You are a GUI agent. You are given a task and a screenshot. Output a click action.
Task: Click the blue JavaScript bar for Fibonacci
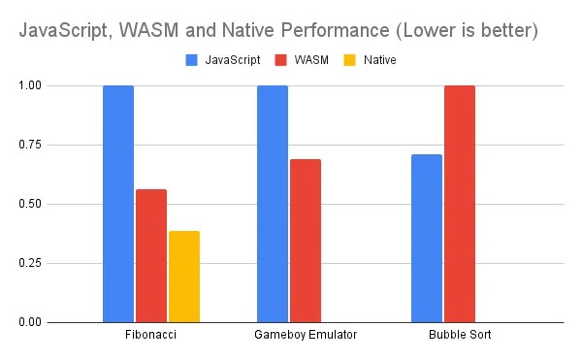(x=118, y=204)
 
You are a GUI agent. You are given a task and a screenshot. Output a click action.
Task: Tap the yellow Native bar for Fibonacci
(x=183, y=277)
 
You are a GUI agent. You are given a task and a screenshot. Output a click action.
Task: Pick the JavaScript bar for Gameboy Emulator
(x=273, y=204)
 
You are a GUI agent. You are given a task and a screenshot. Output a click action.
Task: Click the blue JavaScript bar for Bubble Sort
(x=427, y=238)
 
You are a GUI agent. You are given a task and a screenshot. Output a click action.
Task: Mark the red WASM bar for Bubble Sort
(x=460, y=204)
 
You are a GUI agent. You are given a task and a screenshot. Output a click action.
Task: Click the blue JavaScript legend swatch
(x=191, y=60)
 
